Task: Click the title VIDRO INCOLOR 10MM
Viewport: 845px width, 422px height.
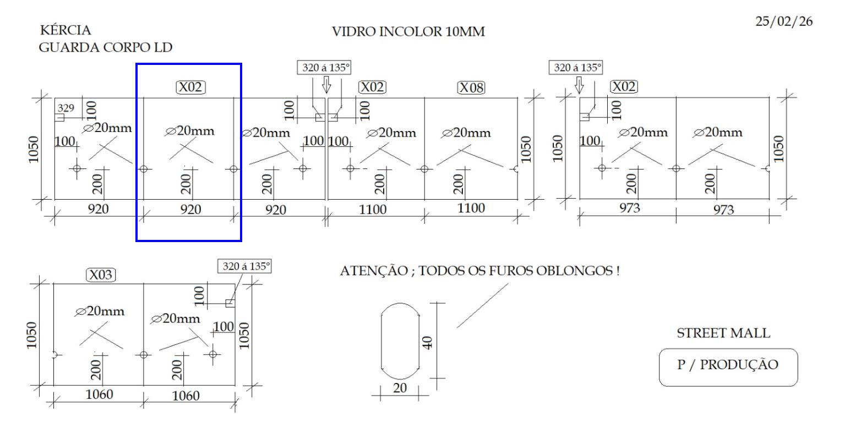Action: coord(408,32)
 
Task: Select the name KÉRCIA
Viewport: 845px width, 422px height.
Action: coord(64,30)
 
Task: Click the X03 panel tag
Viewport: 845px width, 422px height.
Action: coord(101,275)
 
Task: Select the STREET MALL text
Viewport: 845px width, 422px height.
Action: coord(723,333)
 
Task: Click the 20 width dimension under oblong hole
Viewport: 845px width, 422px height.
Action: coord(400,388)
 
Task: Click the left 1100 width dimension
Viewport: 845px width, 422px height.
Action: coord(373,209)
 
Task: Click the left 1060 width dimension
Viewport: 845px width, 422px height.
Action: coord(99,394)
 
